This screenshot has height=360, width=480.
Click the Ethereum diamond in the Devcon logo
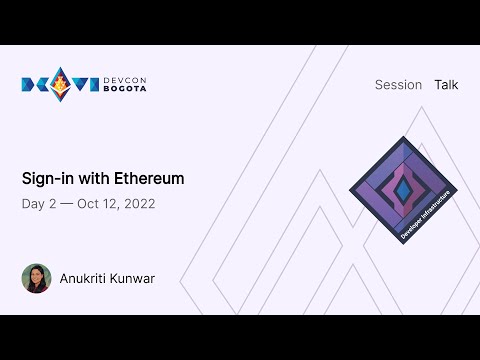(x=60, y=84)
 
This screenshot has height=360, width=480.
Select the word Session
(x=398, y=85)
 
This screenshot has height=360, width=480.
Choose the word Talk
(x=446, y=85)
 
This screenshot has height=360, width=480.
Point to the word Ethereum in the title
(x=151, y=179)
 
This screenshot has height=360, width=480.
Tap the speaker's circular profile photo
(x=36, y=278)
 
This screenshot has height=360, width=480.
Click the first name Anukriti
(x=86, y=278)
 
